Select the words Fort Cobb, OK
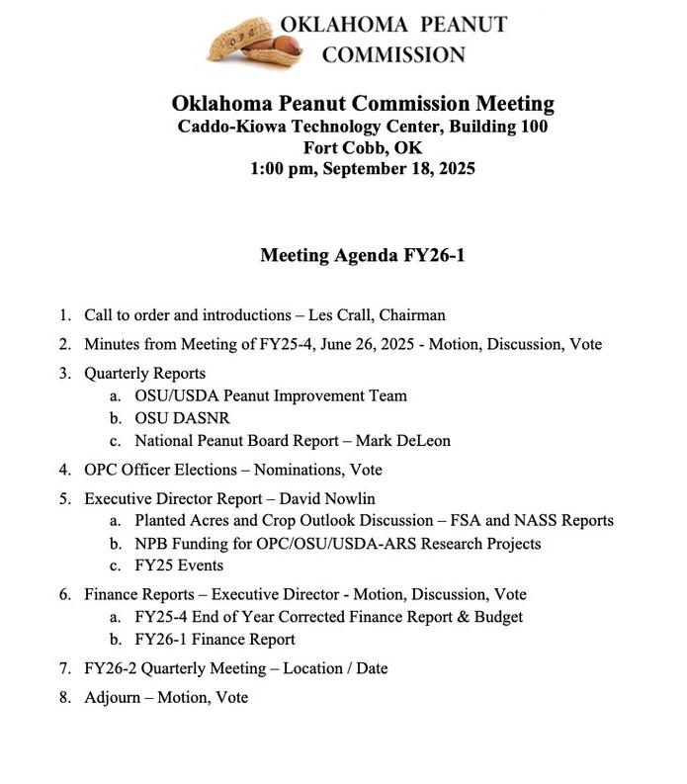[x=362, y=147]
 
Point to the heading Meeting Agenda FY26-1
[x=362, y=256]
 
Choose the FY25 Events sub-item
[x=179, y=566]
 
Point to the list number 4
[x=64, y=470]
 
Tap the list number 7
[x=64, y=668]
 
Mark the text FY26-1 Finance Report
[x=215, y=640]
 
